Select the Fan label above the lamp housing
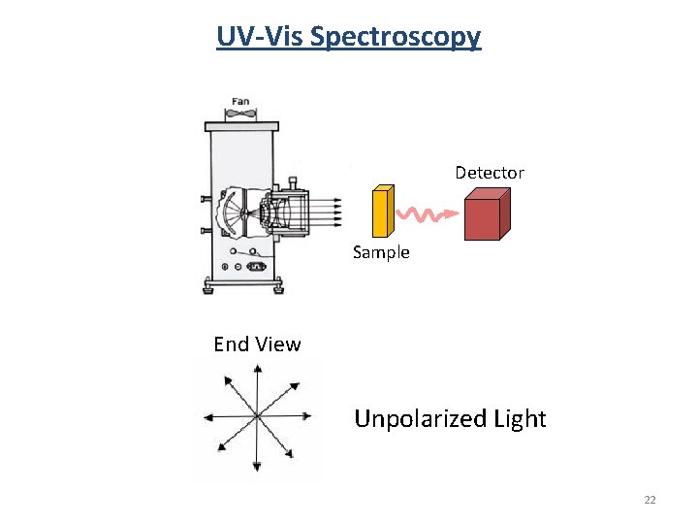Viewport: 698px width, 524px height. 240,102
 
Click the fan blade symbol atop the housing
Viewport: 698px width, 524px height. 240,115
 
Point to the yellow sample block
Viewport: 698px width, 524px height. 383,211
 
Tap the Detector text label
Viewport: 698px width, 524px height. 490,173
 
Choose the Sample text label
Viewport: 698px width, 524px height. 381,252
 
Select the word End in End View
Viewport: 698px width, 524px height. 231,344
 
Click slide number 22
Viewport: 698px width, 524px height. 650,500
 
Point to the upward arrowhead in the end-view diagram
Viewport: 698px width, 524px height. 257,369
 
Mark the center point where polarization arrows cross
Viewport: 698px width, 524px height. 257,417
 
